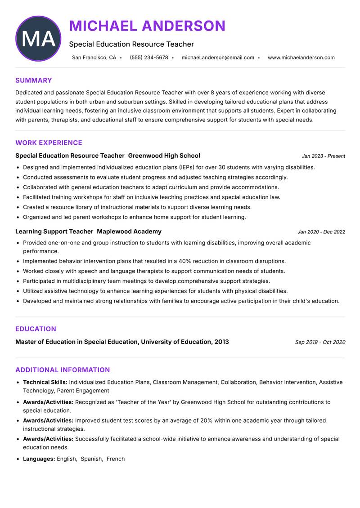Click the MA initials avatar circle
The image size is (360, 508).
tap(38, 39)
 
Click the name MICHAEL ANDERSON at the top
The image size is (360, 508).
tap(147, 26)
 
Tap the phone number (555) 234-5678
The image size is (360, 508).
tap(148, 58)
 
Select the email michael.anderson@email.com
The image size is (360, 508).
tap(218, 58)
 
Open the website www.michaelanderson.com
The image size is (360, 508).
tap(301, 58)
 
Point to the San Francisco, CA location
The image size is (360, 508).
tap(94, 58)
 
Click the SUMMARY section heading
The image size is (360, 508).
tap(33, 80)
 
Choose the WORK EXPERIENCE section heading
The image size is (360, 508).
tap(49, 143)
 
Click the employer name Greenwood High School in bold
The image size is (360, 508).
tap(164, 156)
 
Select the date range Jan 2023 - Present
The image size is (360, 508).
tap(323, 156)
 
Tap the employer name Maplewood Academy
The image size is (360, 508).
tap(129, 232)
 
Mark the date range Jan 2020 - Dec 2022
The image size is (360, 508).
tap(321, 232)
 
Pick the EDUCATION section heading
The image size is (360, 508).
tap(36, 329)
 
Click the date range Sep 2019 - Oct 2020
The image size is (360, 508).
tap(320, 342)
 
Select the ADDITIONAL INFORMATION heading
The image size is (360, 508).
tap(63, 370)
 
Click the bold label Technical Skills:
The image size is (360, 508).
tap(45, 382)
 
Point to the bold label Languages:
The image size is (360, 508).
tap(39, 459)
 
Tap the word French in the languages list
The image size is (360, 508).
tap(116, 459)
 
